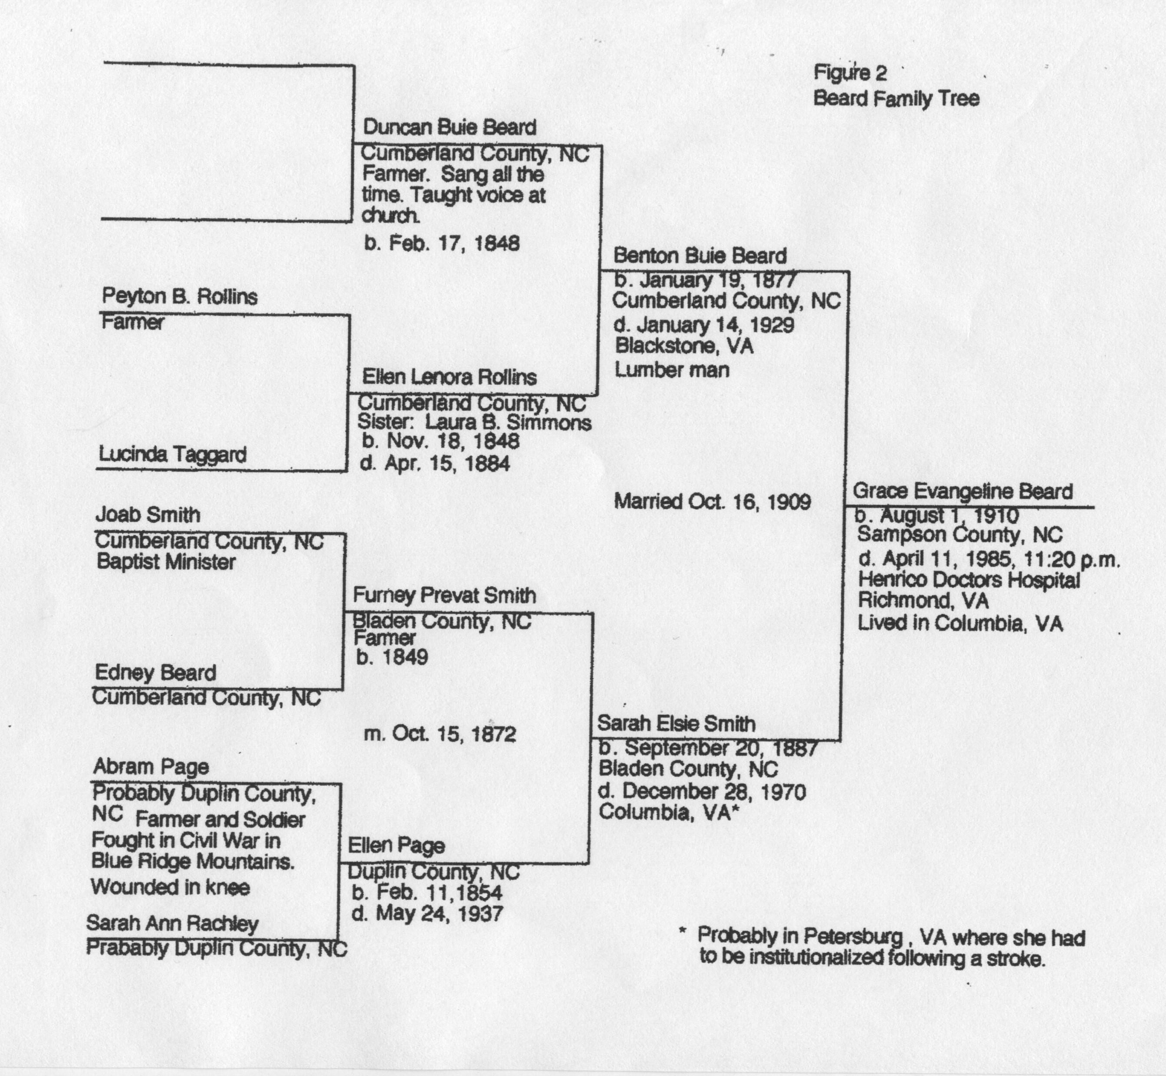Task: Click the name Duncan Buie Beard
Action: [x=449, y=128]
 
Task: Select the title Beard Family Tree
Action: [x=896, y=98]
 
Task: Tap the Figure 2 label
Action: [x=850, y=73]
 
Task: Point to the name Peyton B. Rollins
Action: [x=179, y=297]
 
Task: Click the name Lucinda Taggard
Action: [x=172, y=454]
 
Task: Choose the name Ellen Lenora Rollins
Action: [x=449, y=377]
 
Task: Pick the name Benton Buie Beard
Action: [x=700, y=256]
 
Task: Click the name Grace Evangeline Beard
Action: [x=962, y=492]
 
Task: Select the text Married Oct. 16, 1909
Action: [x=712, y=502]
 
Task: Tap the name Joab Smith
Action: [x=148, y=515]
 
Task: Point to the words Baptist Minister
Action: [x=166, y=562]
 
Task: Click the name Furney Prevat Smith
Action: [x=444, y=595]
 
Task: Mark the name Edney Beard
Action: [x=155, y=673]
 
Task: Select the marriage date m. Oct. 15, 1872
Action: [x=440, y=734]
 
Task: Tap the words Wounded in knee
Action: [x=170, y=887]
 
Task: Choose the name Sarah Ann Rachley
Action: [x=172, y=923]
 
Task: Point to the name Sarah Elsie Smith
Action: [x=676, y=724]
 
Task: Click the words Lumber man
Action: [x=672, y=370]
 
